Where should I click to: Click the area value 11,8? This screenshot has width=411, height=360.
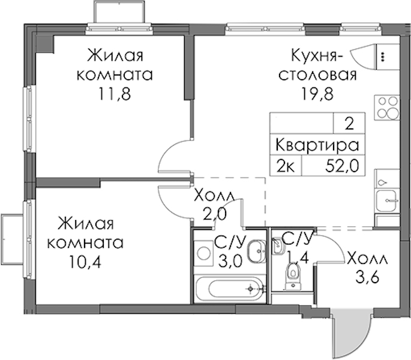(114, 94)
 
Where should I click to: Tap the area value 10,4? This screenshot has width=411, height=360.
(85, 262)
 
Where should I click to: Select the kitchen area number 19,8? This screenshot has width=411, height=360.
(317, 94)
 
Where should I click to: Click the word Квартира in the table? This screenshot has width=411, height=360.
(317, 145)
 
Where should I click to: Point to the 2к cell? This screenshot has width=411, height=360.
(286, 166)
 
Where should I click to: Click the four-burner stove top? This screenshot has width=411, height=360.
(387, 107)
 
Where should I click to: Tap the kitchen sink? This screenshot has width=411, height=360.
(387, 201)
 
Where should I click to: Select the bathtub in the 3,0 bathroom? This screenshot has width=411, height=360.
(230, 289)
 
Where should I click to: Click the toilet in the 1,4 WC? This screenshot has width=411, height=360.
(293, 276)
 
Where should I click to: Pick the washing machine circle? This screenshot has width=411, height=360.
(204, 254)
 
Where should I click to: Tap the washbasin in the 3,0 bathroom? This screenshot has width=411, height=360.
(257, 251)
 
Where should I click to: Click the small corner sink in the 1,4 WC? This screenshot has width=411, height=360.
(277, 245)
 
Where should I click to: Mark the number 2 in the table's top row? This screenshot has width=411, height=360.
(349, 124)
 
